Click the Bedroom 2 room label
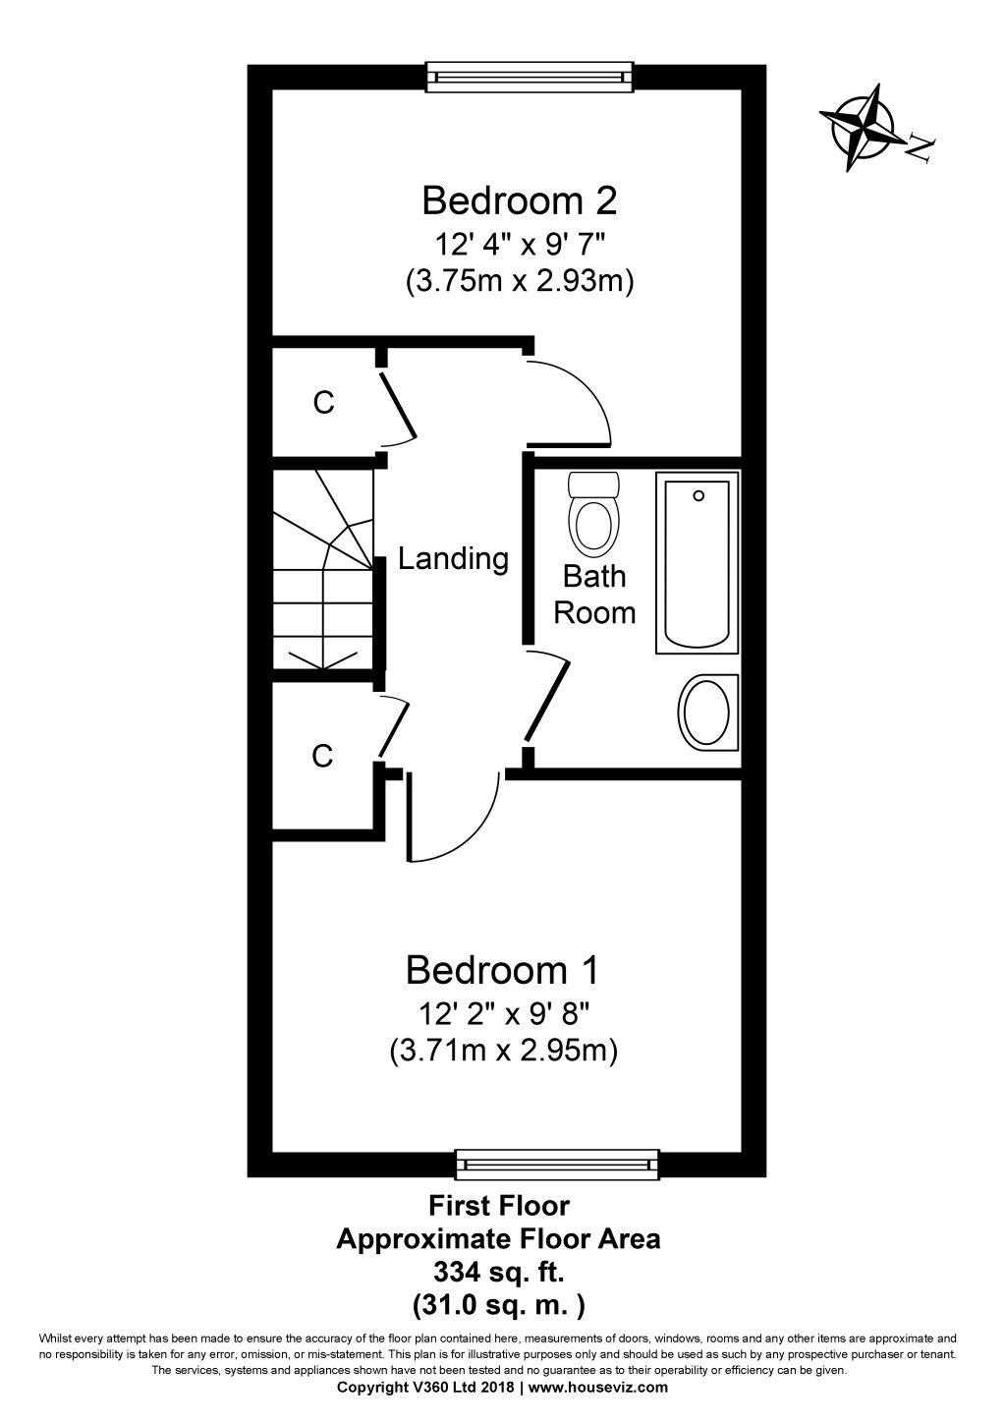tap(519, 200)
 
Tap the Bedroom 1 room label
tap(502, 970)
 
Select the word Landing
tap(453, 559)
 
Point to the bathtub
tap(698, 564)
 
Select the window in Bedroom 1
tap(557, 1164)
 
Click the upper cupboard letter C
tap(323, 402)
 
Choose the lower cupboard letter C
tap(322, 756)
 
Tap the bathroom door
tap(548, 700)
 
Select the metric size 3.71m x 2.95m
tap(502, 1052)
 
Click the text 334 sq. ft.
tap(498, 1273)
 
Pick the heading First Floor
tap(498, 1204)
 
